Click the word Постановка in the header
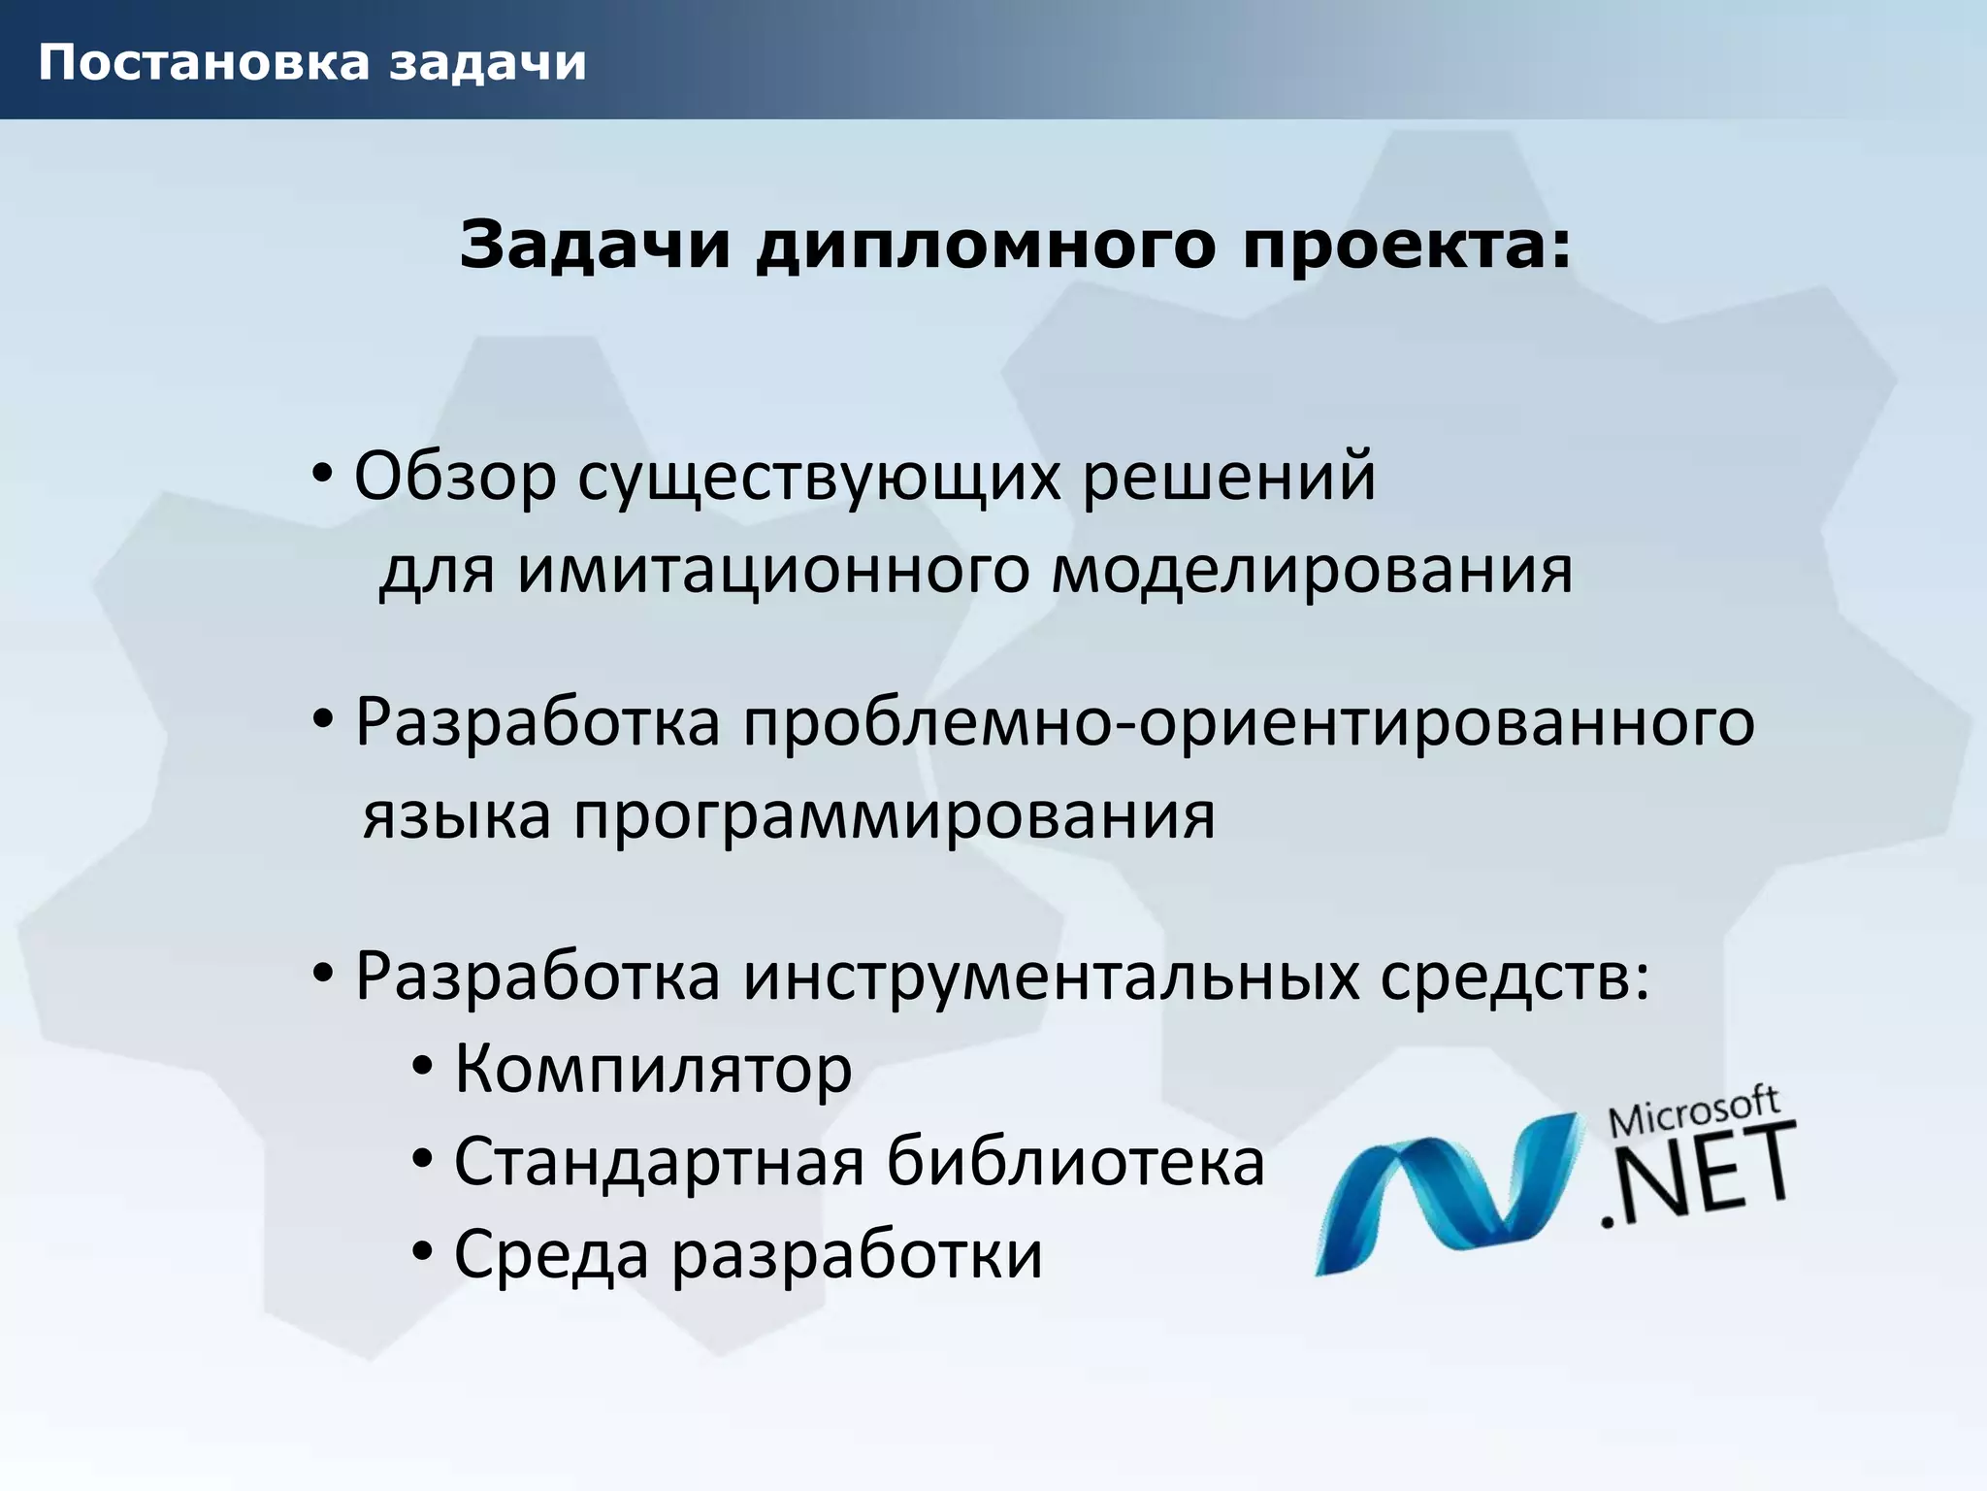(x=204, y=62)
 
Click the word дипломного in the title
(x=986, y=245)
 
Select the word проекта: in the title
(x=1407, y=245)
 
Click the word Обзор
(x=455, y=477)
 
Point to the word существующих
(x=820, y=479)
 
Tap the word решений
(x=1229, y=477)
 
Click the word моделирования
(x=1312, y=570)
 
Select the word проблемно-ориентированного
(x=1250, y=723)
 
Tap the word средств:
(x=1515, y=976)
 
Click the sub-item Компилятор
(x=653, y=1069)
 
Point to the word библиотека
(x=1076, y=1162)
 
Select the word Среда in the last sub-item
(x=551, y=1255)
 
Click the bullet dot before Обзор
(x=322, y=475)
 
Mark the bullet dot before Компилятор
(x=422, y=1067)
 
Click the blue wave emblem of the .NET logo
(x=1446, y=1194)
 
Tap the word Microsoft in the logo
(x=1694, y=1112)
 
